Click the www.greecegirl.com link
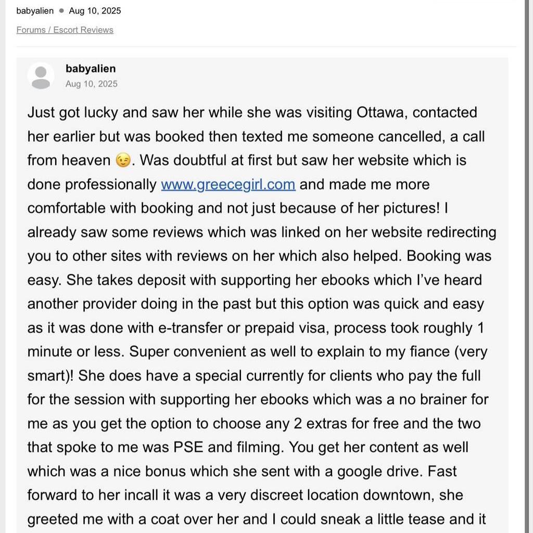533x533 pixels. pyautogui.click(x=228, y=185)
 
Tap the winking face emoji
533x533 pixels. pyautogui.click(x=123, y=161)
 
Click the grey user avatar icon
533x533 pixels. pyautogui.click(x=41, y=77)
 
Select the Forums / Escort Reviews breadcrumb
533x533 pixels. pyautogui.click(x=65, y=30)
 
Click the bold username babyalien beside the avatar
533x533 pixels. pyautogui.click(x=91, y=69)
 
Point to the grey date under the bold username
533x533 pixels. pyautogui.click(x=91, y=84)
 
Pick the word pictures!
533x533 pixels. pyautogui.click(x=401, y=209)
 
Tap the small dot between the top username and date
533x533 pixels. pyautogui.click(x=61, y=11)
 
